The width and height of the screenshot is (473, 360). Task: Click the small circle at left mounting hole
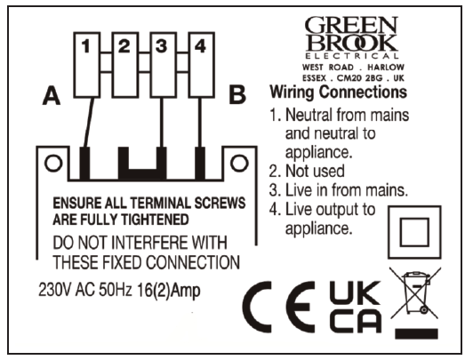click(x=52, y=163)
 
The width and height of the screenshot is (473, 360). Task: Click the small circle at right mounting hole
click(x=236, y=163)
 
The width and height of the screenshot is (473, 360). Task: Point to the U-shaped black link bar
click(x=144, y=163)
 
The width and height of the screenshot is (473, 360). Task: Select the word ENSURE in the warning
click(x=79, y=203)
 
